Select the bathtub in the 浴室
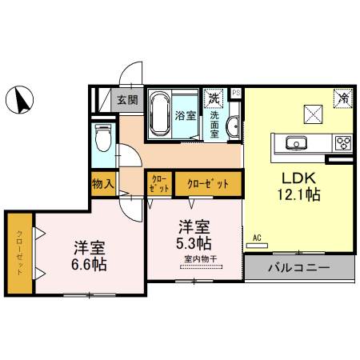point(159,114)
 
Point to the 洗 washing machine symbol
point(214,98)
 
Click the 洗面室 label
point(215,125)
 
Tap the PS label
point(235,93)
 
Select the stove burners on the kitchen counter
point(344,144)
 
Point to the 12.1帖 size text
point(300,194)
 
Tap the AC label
point(257,238)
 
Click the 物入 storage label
point(103,183)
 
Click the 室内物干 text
point(194,258)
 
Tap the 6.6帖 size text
point(88,263)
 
